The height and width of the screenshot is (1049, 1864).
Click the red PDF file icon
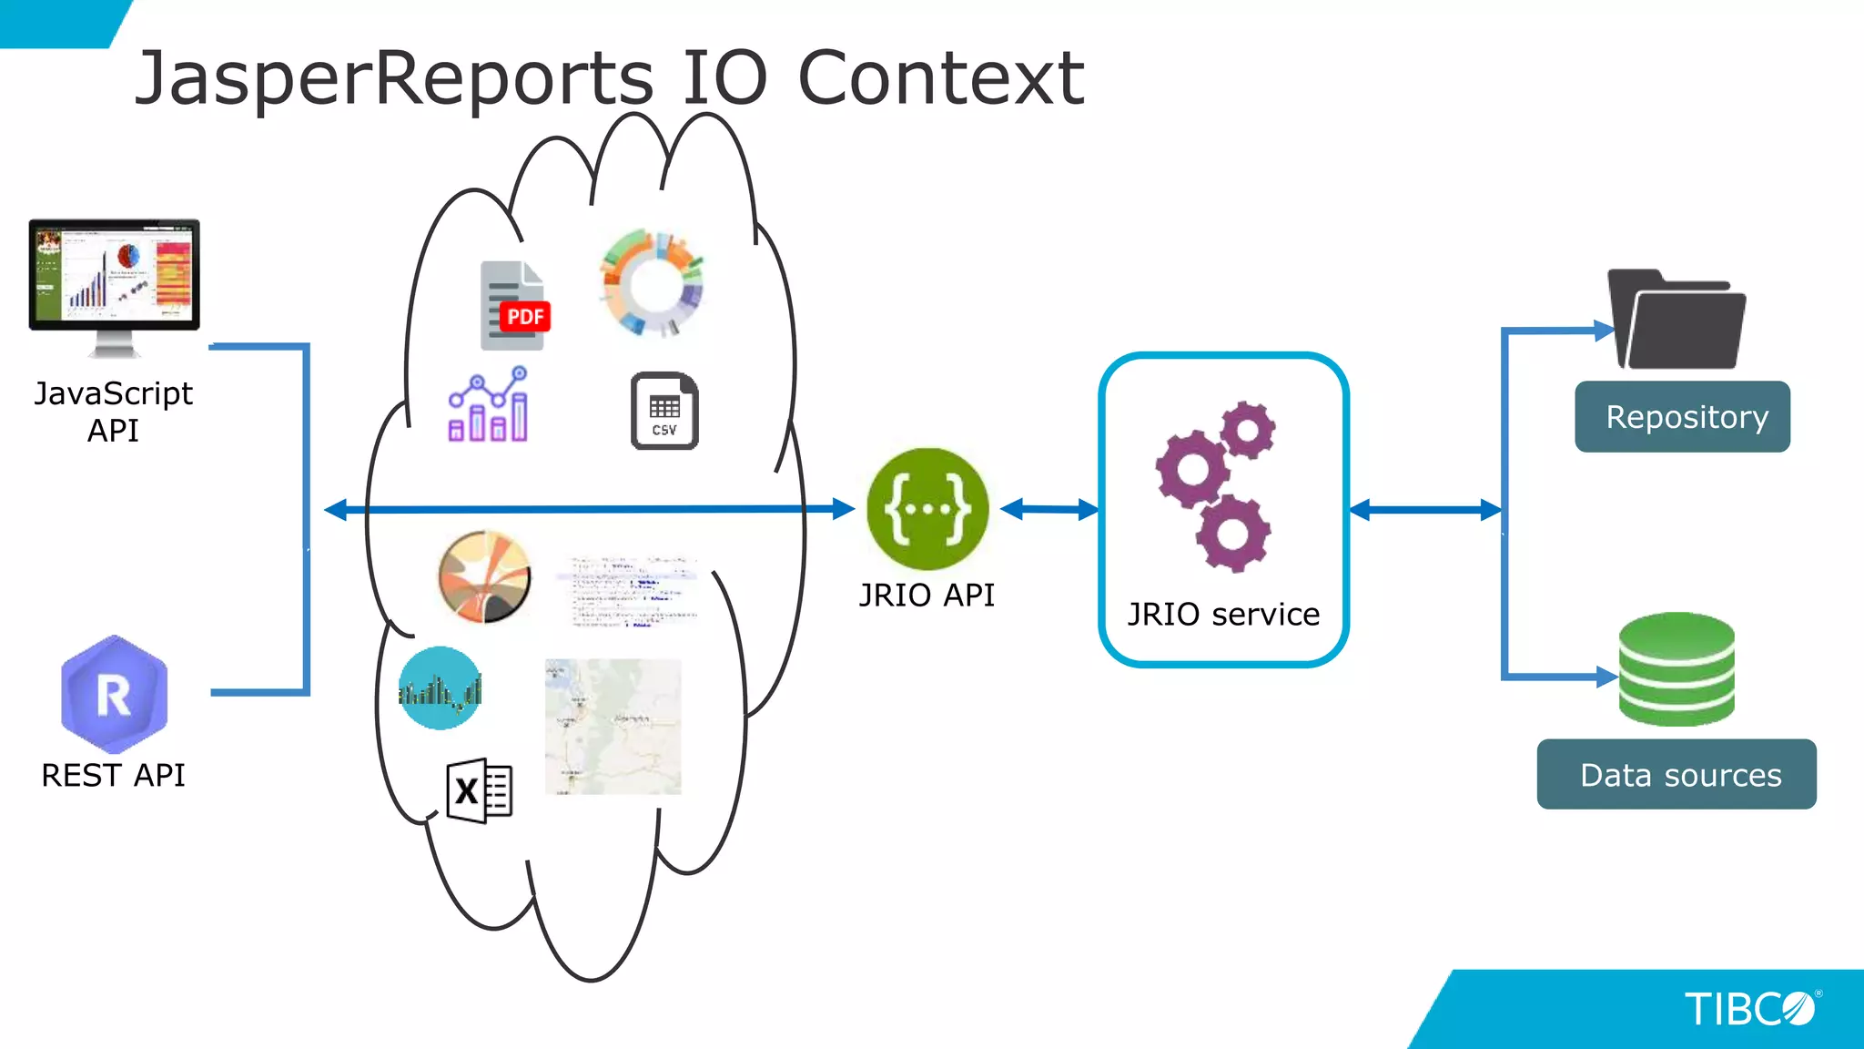(514, 307)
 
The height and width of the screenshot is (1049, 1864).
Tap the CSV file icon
(664, 411)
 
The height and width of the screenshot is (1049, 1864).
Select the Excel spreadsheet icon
(480, 790)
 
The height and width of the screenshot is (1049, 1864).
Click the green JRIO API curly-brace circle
(927, 509)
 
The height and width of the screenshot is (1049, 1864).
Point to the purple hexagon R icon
(114, 694)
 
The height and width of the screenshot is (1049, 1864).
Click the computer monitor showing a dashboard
(114, 277)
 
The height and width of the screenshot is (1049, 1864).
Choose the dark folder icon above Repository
(1677, 321)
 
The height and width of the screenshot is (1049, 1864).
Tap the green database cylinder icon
(1677, 669)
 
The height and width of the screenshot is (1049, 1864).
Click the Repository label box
(1682, 417)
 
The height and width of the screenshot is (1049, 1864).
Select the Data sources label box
(1677, 775)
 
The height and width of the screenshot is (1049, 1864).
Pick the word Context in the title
(940, 78)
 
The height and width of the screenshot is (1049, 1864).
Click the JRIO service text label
(1223, 615)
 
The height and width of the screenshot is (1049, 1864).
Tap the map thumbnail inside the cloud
(613, 727)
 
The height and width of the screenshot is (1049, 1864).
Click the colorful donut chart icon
(652, 284)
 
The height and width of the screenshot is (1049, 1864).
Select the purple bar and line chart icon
(489, 406)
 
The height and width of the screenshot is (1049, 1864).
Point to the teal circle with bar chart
(441, 688)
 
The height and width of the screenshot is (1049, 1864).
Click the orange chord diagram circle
(484, 576)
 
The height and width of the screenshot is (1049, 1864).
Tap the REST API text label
(113, 776)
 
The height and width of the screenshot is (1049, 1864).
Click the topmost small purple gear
(1247, 431)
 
